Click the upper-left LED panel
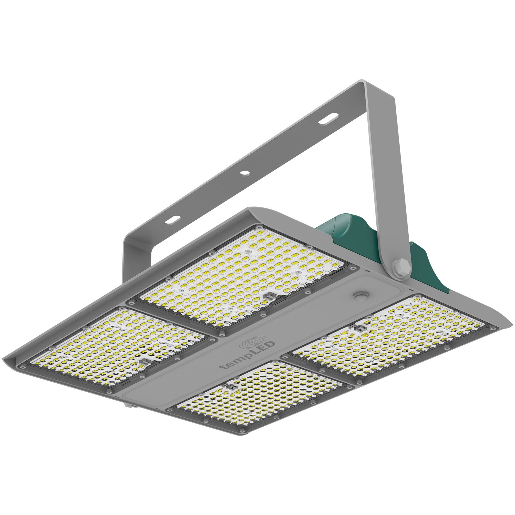point(241,279)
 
